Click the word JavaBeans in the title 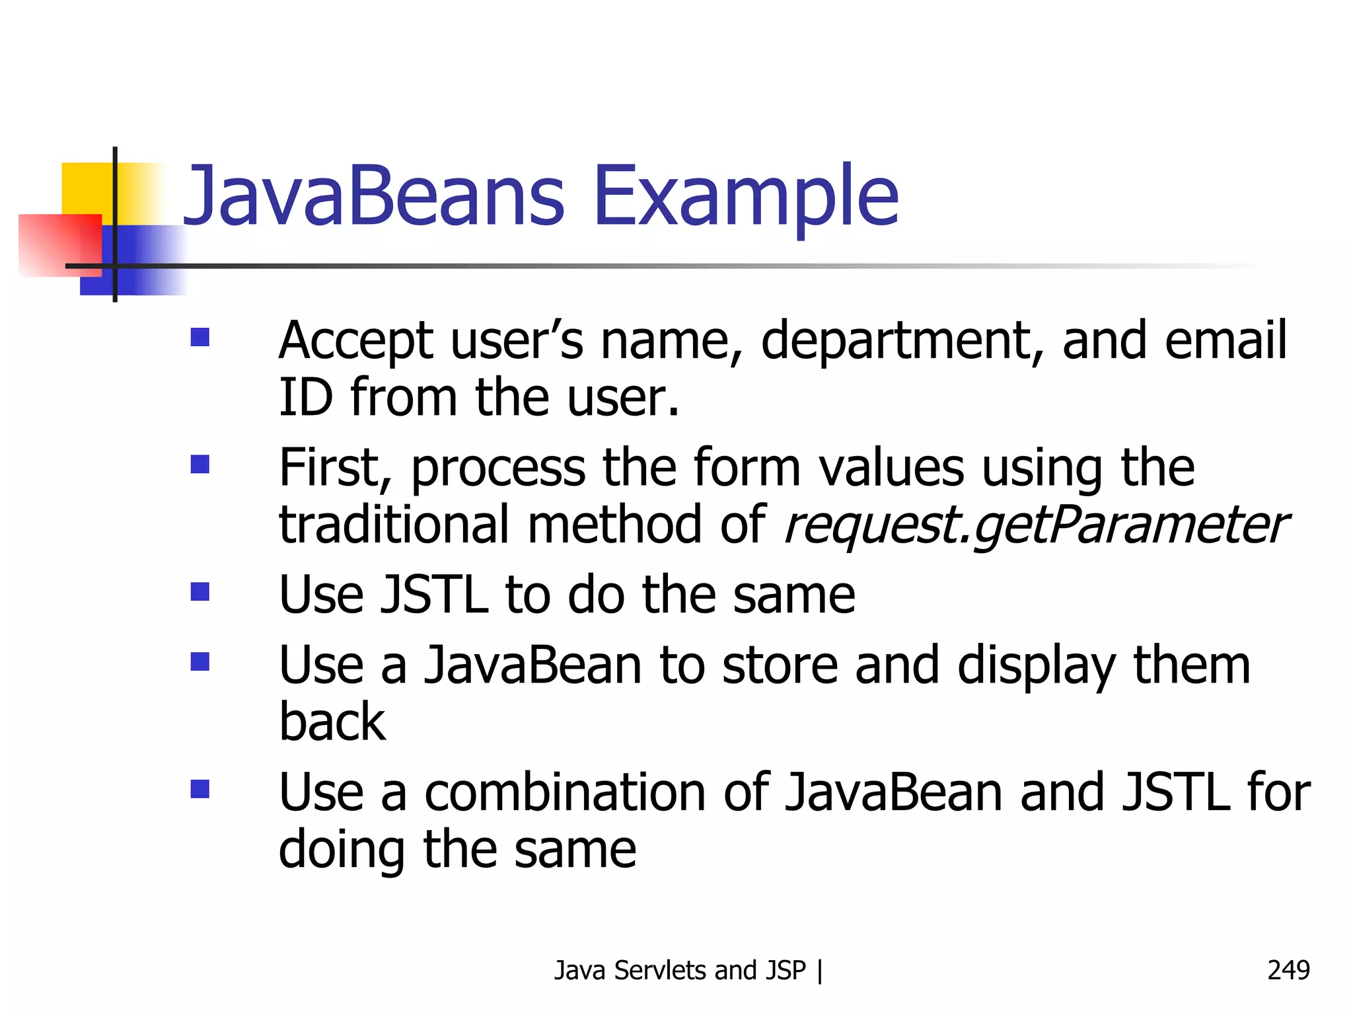pos(373,196)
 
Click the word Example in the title pos(747,196)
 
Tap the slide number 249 pos(1288,970)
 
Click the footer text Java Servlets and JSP pos(680,970)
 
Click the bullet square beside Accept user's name pos(200,338)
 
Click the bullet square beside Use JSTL pos(200,591)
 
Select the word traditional pos(394,525)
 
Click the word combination pos(565,792)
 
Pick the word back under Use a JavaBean pos(332,722)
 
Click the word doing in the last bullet pos(342,850)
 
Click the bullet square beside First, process pos(200,465)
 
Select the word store pos(780,665)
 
